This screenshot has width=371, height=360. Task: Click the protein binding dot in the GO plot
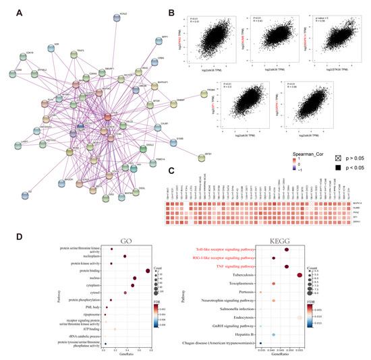coord(147,272)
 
